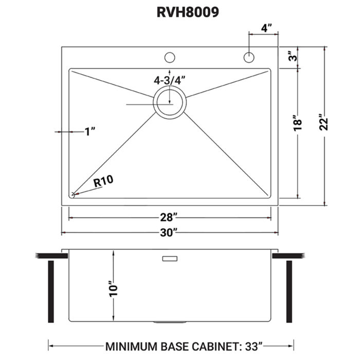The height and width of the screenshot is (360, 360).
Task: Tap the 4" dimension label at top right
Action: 266,28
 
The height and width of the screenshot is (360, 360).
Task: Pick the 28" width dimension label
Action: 169,219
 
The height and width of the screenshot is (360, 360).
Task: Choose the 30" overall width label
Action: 169,233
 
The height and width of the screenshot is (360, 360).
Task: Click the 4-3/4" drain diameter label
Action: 169,80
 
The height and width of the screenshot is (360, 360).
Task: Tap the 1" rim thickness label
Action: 91,132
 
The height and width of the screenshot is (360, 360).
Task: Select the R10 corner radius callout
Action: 103,181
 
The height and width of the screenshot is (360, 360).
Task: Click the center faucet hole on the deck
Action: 169,57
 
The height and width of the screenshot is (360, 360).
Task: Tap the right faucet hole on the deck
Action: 249,57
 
